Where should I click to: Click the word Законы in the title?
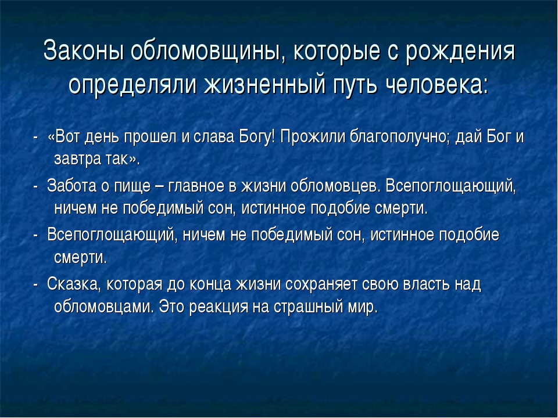click(83, 51)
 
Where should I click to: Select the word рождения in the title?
click(460, 52)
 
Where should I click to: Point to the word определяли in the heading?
click(133, 85)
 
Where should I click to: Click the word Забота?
click(71, 186)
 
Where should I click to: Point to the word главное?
click(196, 186)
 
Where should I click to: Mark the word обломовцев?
click(335, 186)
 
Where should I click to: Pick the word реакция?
click(219, 307)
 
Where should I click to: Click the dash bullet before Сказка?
click(35, 285)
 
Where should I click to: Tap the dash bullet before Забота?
click(35, 186)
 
